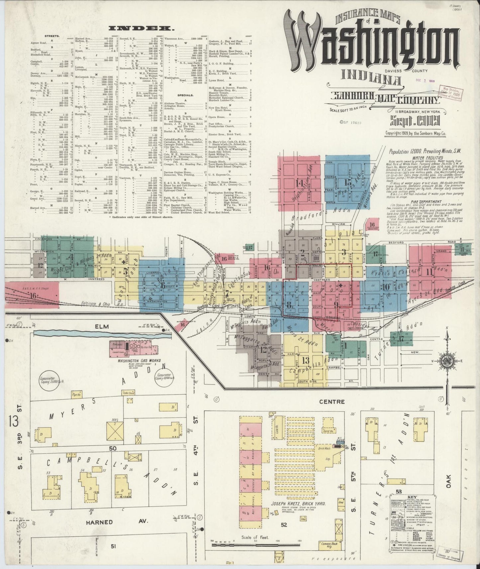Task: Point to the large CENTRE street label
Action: click(336, 402)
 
